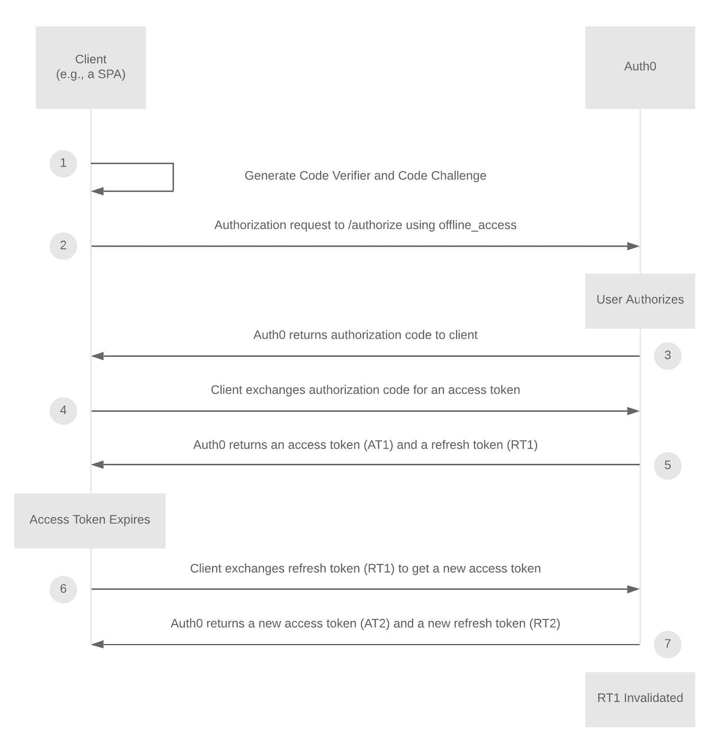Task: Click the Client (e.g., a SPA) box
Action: point(91,67)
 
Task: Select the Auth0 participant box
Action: point(640,67)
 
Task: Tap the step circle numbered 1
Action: point(64,164)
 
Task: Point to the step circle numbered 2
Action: point(64,246)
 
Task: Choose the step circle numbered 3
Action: point(667,356)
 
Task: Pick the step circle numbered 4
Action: point(64,411)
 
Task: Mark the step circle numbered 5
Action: point(667,465)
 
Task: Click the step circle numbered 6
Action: point(64,589)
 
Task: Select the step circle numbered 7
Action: point(667,644)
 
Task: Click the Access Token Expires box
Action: point(90,521)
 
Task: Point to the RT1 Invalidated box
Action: point(640,699)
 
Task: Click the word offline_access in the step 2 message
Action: point(477,225)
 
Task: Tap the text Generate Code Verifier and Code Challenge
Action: point(365,176)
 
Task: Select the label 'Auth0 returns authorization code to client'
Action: point(365,335)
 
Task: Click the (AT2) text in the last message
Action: point(374,624)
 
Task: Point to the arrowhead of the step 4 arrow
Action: point(633,411)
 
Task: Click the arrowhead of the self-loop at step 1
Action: point(98,191)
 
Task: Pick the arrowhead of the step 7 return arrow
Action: point(98,644)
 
